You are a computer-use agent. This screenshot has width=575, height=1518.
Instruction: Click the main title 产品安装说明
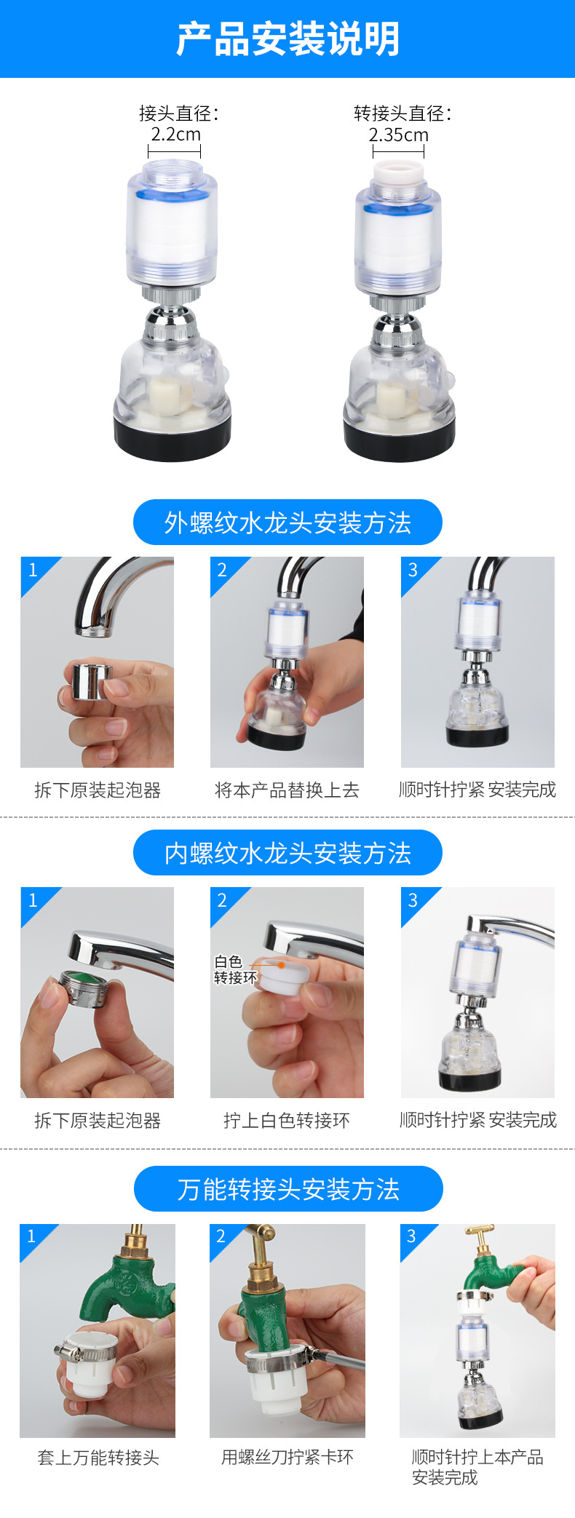coord(287,39)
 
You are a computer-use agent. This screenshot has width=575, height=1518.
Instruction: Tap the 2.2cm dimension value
coord(175,135)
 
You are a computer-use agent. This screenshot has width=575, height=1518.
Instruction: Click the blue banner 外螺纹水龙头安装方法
coord(287,522)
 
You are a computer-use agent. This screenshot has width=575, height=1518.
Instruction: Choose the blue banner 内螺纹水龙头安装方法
coord(287,853)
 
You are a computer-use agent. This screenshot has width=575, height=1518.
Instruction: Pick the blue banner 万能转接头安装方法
coord(287,1189)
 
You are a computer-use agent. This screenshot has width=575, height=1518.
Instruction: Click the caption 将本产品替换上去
coord(287,790)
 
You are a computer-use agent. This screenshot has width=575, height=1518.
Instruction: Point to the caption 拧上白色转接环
coord(287,1121)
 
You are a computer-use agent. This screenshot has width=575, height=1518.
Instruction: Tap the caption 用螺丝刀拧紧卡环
coord(287,1457)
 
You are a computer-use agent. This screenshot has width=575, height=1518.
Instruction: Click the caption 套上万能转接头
coord(98,1458)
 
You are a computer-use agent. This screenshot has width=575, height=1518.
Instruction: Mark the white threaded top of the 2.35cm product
coord(397,174)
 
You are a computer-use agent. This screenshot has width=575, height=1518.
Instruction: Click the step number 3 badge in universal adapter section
coord(412,1236)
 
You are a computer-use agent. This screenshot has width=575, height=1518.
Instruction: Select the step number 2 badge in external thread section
coord(222,570)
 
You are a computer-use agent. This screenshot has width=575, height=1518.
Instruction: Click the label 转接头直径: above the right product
coord(402,114)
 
